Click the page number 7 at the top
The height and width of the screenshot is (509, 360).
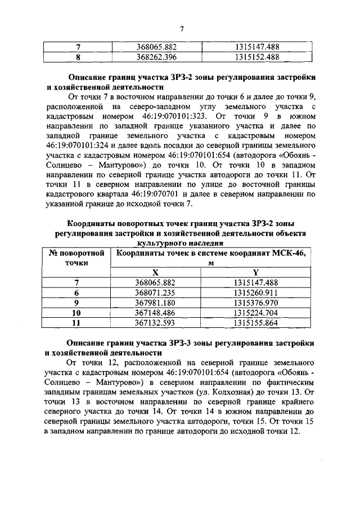point(182,29)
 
